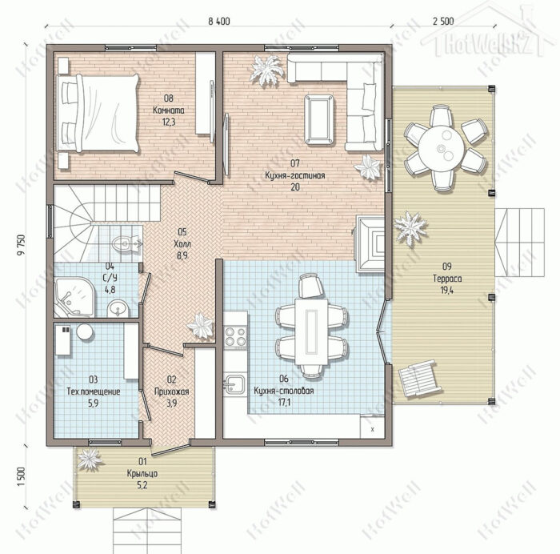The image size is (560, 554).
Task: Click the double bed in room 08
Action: (98, 113)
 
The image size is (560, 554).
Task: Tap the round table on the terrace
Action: (442, 147)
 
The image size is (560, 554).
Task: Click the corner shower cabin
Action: (74, 297)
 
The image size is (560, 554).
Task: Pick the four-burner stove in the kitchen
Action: (235, 337)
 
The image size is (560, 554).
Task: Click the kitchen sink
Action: (234, 384)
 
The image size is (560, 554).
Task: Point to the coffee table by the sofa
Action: (319, 119)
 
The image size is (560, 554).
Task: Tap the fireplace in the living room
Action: (370, 243)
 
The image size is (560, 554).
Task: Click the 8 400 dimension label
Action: (219, 22)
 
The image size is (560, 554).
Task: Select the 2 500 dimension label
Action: (443, 22)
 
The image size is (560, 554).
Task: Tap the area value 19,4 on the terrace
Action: (446, 291)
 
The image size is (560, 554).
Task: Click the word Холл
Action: (182, 244)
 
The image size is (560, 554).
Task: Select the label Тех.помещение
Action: (94, 391)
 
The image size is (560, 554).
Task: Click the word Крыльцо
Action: (142, 474)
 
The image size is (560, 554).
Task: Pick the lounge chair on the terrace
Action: (419, 378)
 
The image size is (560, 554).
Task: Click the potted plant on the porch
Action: (90, 459)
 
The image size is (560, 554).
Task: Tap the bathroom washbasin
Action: (118, 308)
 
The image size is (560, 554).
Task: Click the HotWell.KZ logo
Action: (486, 43)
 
